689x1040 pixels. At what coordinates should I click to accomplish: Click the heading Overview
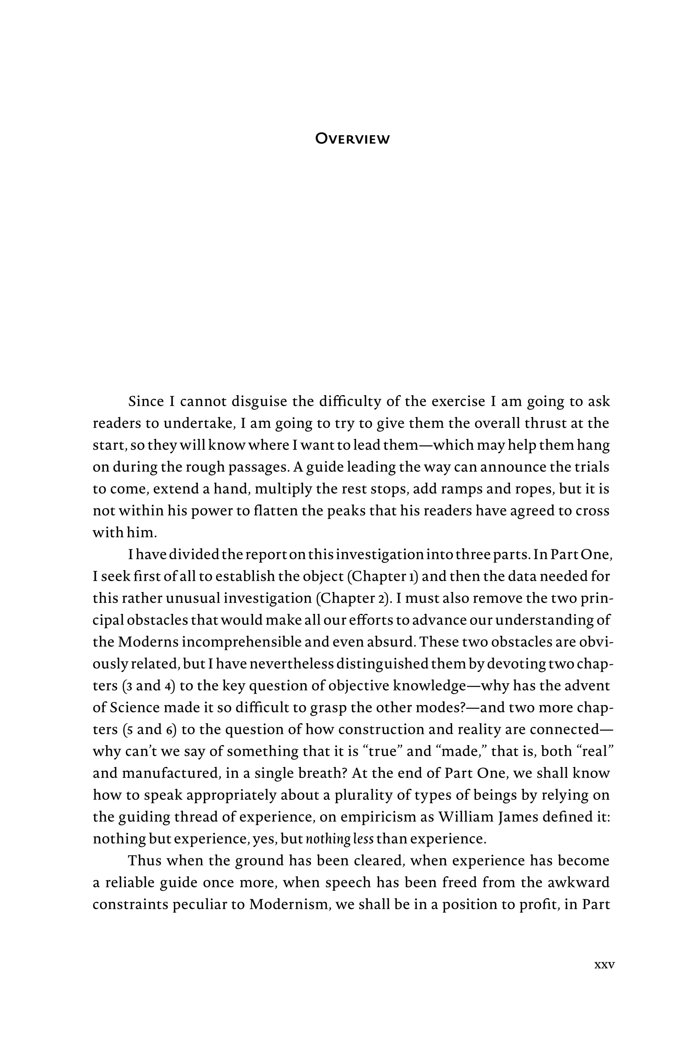(353, 139)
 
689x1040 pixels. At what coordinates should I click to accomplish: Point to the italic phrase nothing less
(339, 839)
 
